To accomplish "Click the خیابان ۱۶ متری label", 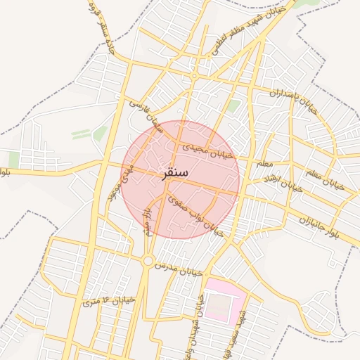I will tap(107, 300).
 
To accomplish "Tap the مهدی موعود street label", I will tap(112, 185).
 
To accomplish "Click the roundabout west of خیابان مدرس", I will tap(148, 262).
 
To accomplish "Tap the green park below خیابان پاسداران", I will tap(233, 106).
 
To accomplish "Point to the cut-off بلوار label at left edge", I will tap(6, 172).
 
